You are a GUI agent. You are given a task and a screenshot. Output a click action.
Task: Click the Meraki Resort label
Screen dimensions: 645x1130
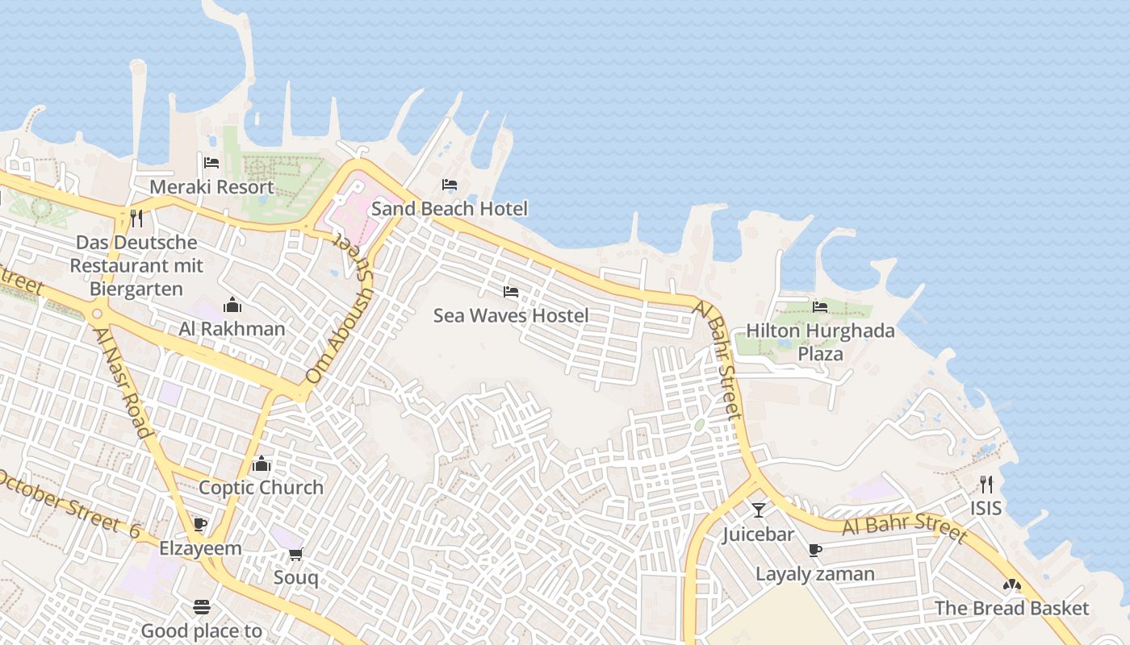(x=212, y=187)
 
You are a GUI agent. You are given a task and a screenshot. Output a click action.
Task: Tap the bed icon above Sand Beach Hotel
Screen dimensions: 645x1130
(x=450, y=185)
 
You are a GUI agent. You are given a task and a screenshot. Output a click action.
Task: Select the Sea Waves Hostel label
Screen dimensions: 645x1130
(x=511, y=315)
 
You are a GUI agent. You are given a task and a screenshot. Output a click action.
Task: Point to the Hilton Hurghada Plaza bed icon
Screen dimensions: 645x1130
(x=820, y=306)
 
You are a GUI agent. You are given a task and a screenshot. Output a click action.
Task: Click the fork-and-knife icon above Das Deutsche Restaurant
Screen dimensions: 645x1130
(x=136, y=218)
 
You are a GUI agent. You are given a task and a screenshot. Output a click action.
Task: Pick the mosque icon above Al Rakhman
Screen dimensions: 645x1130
(x=232, y=305)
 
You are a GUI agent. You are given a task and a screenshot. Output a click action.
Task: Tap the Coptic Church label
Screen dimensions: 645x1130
(x=261, y=488)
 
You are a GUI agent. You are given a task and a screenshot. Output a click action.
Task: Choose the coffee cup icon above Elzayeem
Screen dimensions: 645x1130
(x=200, y=525)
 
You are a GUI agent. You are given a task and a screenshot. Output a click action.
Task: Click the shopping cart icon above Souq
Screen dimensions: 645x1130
(x=295, y=554)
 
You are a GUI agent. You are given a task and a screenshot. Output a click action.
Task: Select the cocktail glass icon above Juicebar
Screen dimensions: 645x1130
(x=758, y=510)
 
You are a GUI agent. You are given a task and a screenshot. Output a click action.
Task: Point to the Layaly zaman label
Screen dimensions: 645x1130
(x=815, y=574)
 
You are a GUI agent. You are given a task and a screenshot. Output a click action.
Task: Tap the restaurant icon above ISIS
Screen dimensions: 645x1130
(x=986, y=484)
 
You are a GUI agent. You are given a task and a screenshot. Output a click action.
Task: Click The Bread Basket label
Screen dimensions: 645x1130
(x=1011, y=609)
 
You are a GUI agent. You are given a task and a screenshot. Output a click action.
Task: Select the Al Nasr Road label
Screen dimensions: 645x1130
(x=123, y=381)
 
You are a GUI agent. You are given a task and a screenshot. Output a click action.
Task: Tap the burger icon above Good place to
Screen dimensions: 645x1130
(x=202, y=606)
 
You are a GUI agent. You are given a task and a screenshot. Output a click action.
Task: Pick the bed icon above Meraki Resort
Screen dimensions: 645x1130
(x=211, y=163)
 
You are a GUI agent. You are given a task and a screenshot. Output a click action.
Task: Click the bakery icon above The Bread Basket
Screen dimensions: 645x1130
(x=1011, y=585)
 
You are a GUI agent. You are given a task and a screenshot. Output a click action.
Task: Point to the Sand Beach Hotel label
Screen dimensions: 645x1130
(x=449, y=209)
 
